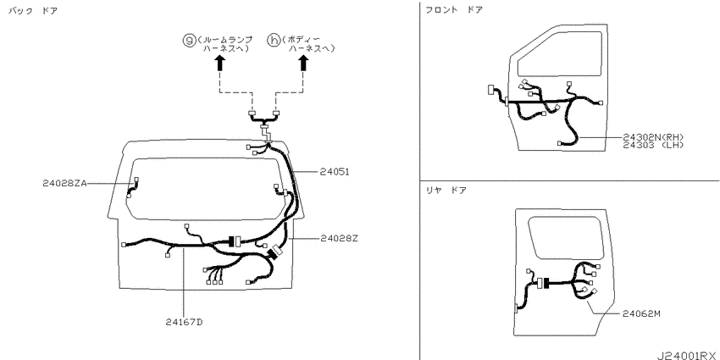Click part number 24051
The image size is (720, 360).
[335, 172]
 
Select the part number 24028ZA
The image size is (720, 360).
[64, 183]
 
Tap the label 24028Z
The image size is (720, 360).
[339, 238]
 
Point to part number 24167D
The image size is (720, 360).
[184, 321]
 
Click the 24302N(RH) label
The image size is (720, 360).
[653, 137]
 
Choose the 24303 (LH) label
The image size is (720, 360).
[653, 145]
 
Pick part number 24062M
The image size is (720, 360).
[641, 313]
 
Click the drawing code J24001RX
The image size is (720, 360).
[686, 356]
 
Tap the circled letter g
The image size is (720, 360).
[189, 40]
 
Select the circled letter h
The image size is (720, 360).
[274, 40]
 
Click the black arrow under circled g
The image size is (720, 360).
[219, 63]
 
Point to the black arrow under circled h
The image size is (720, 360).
[303, 63]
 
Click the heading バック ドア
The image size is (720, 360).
[33, 10]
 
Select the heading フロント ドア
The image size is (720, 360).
[454, 9]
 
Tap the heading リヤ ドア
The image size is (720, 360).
[446, 190]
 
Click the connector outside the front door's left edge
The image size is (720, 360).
[490, 90]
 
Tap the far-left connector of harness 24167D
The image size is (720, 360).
[124, 245]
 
